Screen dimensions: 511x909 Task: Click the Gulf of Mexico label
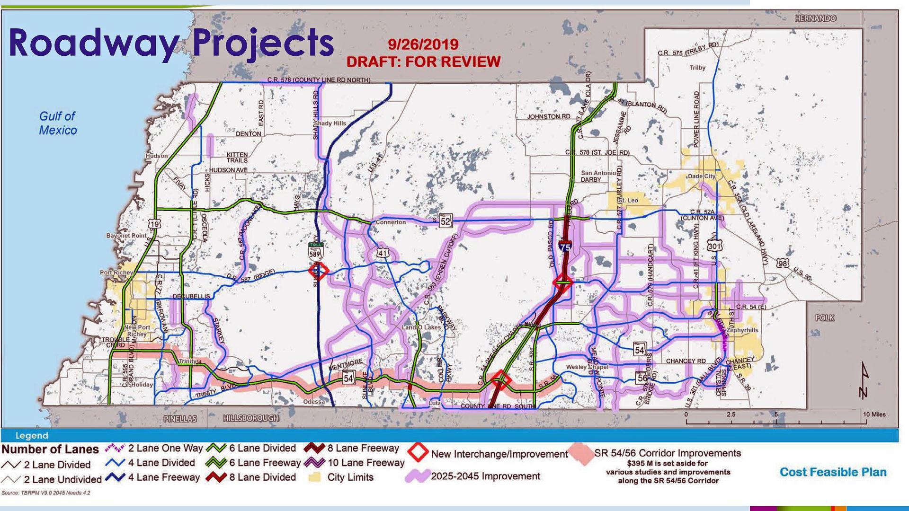(58, 123)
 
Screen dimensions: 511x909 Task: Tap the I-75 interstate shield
(565, 246)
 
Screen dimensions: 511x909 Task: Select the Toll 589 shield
(315, 251)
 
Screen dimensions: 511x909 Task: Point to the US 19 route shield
(154, 224)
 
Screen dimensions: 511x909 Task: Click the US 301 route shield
(714, 246)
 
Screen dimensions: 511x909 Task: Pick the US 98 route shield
(783, 263)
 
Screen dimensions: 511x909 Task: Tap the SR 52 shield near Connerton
(446, 220)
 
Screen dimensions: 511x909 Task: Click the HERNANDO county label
(815, 18)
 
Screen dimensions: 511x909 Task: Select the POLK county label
(825, 318)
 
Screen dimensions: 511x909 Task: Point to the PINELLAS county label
(180, 419)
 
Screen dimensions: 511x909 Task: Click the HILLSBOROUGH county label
(250, 418)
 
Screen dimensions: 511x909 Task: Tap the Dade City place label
(702, 176)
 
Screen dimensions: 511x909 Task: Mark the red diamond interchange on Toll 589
(318, 271)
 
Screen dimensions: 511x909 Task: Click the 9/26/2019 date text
(423, 44)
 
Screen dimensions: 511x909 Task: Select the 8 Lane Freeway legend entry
(363, 448)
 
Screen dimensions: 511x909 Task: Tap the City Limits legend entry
(350, 477)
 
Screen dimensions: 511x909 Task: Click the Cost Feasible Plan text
(833, 472)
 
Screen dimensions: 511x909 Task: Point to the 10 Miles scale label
(874, 414)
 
